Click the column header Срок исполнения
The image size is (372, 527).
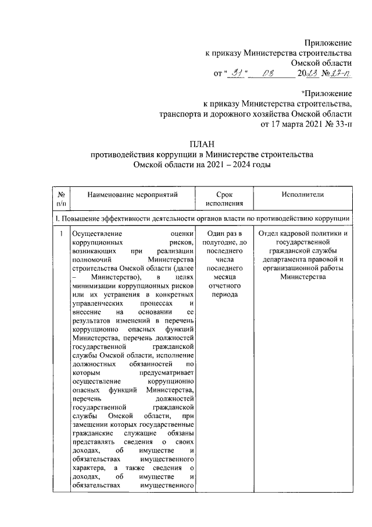point(224,199)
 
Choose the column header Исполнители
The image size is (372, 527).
point(302,194)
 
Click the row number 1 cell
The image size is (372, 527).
point(61,234)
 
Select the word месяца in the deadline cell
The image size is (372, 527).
point(224,278)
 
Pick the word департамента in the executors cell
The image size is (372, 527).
point(288,260)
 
